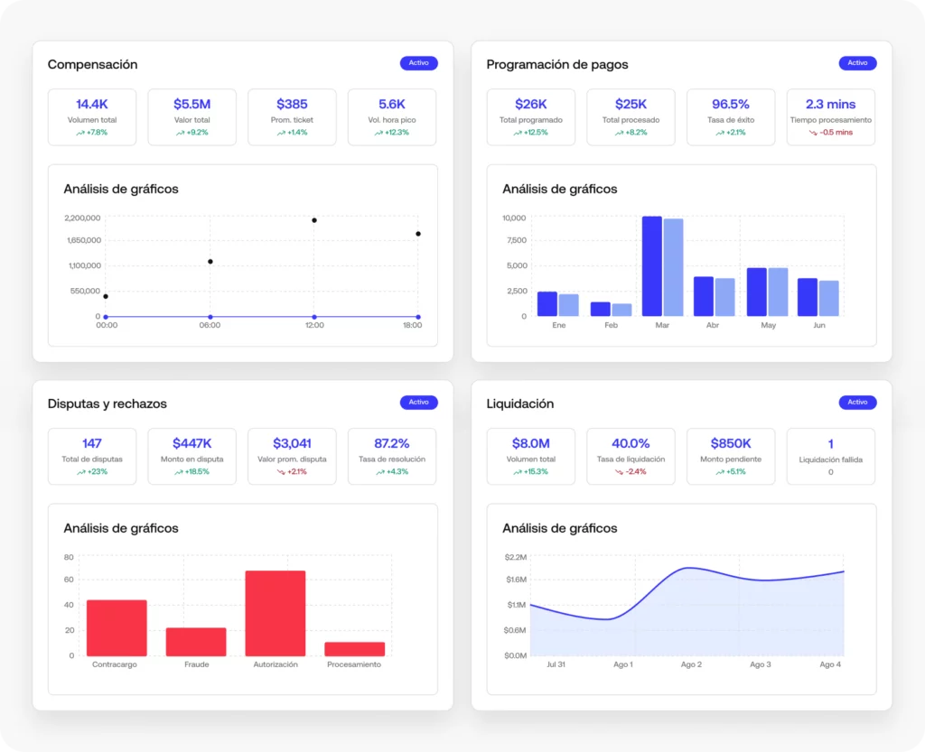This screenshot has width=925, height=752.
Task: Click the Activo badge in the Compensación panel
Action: tap(418, 63)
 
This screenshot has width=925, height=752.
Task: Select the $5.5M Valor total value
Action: tap(192, 104)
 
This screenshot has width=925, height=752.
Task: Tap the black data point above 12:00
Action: tap(314, 220)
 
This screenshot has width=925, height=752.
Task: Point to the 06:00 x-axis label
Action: tap(210, 326)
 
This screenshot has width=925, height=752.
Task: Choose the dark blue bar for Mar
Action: tap(651, 266)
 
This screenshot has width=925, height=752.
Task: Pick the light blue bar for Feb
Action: tap(621, 310)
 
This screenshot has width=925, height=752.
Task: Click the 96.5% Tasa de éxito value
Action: tap(731, 104)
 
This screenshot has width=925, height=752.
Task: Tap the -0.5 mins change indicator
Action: tap(831, 133)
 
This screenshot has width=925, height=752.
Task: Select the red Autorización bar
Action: tap(276, 613)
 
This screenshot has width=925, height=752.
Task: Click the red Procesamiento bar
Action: tap(354, 649)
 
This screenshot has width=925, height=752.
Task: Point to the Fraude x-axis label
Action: tap(196, 664)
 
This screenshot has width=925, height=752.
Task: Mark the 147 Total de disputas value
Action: tap(92, 443)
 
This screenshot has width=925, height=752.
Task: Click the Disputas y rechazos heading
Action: tap(107, 404)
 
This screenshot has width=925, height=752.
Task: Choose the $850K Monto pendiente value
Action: tap(731, 443)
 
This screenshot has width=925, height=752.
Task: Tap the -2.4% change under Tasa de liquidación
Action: tap(631, 472)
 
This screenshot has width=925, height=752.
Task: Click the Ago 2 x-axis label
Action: tap(691, 664)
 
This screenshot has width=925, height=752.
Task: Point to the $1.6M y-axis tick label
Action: tap(516, 579)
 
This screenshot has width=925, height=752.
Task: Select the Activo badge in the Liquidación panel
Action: tap(857, 403)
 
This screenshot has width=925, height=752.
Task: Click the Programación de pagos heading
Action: tap(556, 64)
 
